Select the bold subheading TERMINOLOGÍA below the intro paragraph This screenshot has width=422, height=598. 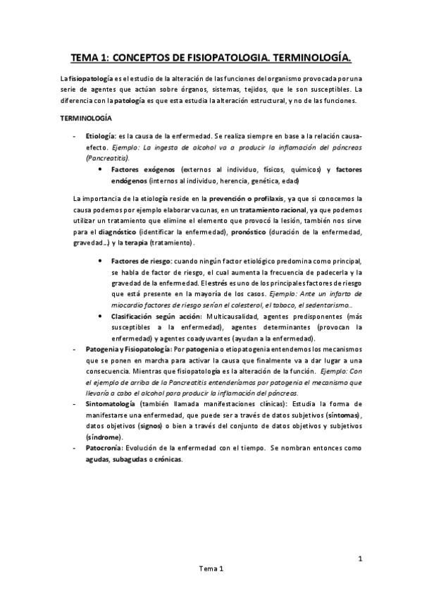point(83,118)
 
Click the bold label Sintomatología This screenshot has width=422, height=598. point(111,403)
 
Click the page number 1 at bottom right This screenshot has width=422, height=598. point(359,560)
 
